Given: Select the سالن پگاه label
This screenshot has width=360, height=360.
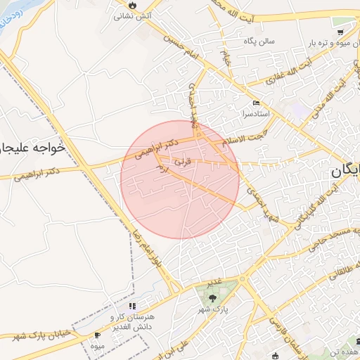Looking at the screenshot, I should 258,41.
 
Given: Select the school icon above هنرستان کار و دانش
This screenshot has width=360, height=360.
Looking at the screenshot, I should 131,307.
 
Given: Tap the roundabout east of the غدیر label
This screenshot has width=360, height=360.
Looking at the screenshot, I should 243,279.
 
